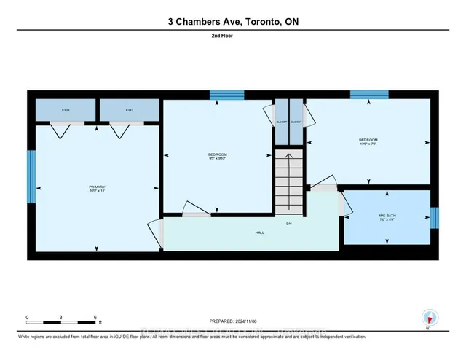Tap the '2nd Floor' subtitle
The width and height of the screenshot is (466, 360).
(x=232, y=45)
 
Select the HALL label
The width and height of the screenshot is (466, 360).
(x=259, y=232)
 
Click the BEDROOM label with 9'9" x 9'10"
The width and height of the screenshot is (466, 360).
(x=218, y=154)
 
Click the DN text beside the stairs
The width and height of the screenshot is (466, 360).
(x=288, y=223)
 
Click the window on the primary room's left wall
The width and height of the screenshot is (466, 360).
(x=31, y=176)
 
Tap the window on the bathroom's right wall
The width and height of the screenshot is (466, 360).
(x=434, y=217)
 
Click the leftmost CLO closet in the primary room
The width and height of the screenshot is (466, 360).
(x=66, y=110)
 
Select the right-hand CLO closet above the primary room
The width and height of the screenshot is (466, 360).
(x=129, y=110)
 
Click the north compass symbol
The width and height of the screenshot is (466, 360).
(x=429, y=317)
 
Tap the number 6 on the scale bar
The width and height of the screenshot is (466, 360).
(x=95, y=318)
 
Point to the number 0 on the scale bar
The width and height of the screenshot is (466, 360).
(x=27, y=318)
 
